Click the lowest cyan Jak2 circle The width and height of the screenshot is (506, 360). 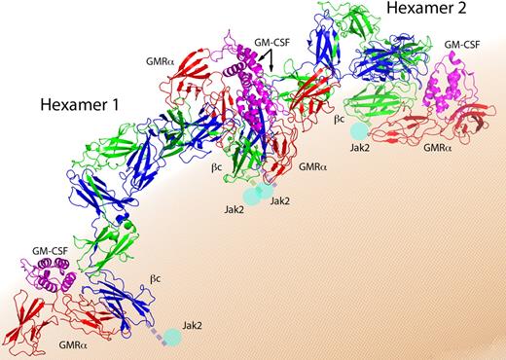point(172,338)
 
